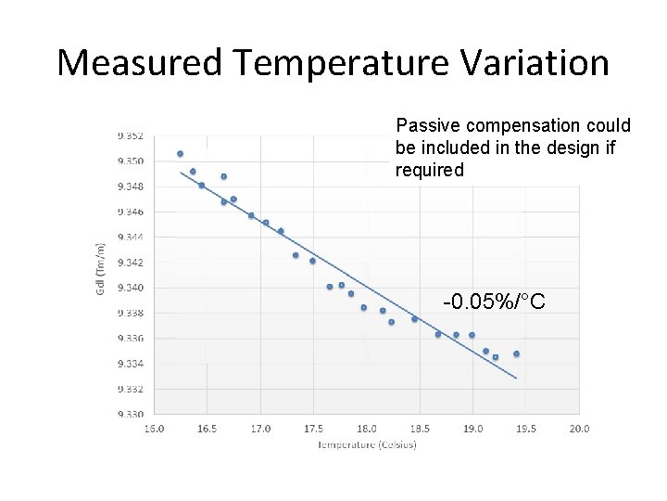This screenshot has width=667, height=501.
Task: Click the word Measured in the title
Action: [139, 63]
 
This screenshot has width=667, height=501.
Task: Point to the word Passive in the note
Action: [428, 125]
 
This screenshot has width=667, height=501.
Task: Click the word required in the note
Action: [429, 170]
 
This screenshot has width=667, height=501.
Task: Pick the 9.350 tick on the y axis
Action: [131, 161]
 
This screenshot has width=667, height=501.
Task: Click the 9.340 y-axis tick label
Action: [131, 288]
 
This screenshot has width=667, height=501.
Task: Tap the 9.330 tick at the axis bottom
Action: [131, 414]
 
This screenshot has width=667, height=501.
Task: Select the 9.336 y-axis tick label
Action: [131, 338]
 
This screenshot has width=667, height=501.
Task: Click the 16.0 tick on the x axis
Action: [154, 429]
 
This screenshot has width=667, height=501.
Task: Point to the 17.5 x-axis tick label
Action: [313, 429]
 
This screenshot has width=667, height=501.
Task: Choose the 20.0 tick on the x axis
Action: [579, 429]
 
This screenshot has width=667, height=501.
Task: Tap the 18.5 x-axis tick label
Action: [420, 429]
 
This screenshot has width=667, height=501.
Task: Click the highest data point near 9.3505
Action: [180, 153]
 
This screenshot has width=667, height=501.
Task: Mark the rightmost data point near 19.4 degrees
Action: [516, 353]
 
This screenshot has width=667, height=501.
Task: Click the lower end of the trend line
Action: [516, 379]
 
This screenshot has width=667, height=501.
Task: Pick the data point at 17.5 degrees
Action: [312, 261]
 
